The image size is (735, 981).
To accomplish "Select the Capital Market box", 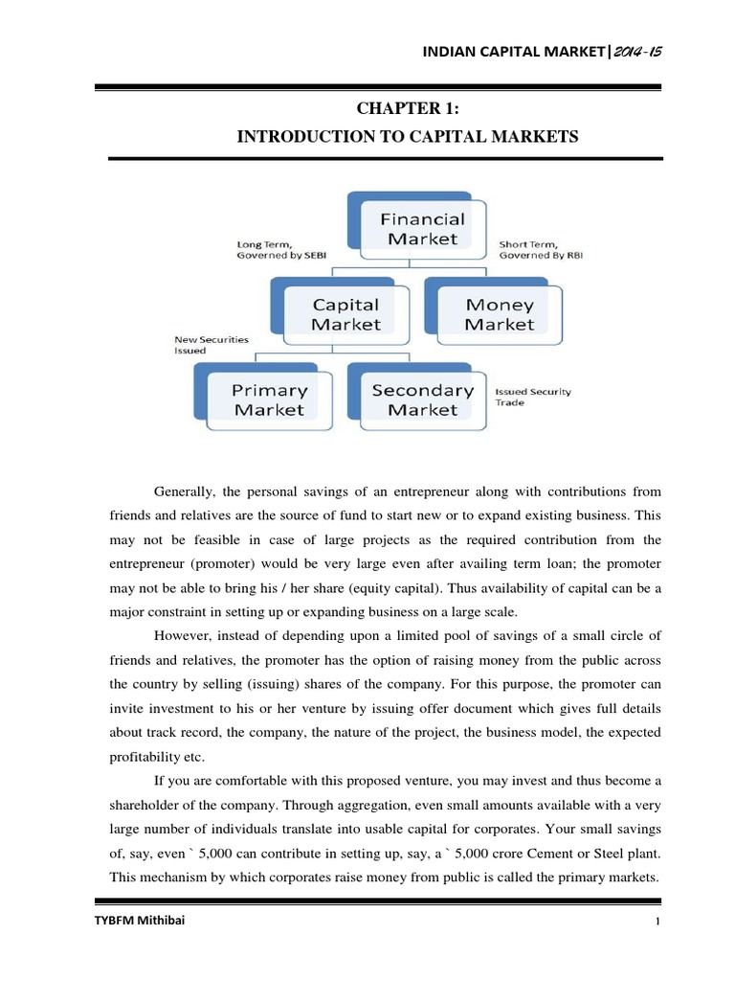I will pos(345,314).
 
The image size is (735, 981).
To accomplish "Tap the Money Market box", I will pos(499,314).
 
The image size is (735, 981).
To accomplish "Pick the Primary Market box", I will pos(269,399).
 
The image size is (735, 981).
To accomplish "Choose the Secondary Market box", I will pos(422,399).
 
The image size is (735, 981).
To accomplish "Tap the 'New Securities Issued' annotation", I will pos(212,345).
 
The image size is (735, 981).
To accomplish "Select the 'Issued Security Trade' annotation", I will pos(523,397).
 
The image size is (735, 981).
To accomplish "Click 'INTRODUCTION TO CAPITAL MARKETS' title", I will pos(408,137).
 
